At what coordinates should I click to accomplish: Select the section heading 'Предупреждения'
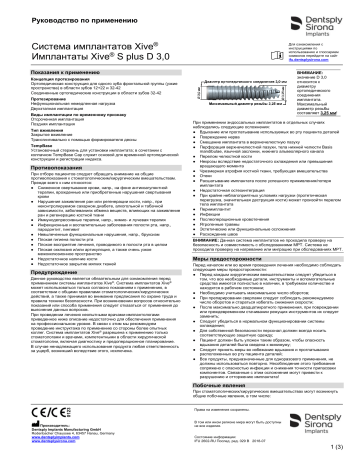[x=39, y=272]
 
